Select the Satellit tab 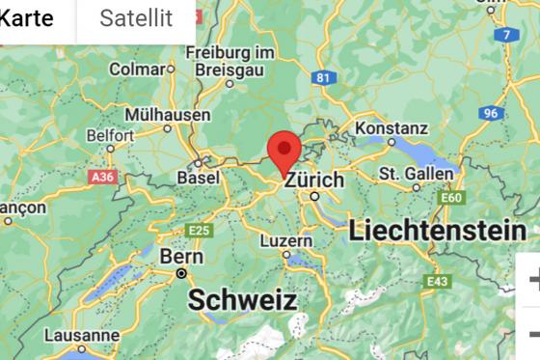136,18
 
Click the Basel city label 199,179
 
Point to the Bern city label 181,258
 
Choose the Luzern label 285,240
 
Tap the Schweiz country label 242,300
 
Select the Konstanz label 391,127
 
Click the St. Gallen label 416,174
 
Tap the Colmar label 136,69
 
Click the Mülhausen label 167,114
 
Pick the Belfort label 110,136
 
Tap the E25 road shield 199,230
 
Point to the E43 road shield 438,281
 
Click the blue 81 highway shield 323,77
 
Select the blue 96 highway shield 491,113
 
